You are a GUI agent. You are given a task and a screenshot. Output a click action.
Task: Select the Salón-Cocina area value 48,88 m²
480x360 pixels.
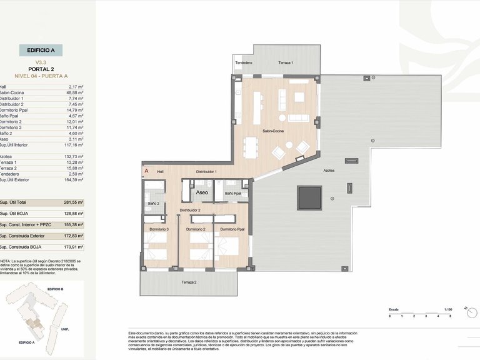click(x=75, y=92)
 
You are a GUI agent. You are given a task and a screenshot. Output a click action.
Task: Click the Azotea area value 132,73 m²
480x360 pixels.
click(x=74, y=156)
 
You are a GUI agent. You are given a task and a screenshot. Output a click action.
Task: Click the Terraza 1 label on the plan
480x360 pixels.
click(x=286, y=63)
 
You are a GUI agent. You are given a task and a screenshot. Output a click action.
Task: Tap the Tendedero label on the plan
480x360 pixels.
click(x=243, y=63)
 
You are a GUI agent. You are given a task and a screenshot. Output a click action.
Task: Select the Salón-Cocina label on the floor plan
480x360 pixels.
click(x=273, y=131)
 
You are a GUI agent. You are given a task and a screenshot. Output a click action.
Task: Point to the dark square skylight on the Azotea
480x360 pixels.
click(x=309, y=198)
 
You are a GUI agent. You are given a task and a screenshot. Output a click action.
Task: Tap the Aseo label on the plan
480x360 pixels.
click(x=202, y=193)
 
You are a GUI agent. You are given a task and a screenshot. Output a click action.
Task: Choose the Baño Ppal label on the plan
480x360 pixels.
click(x=232, y=193)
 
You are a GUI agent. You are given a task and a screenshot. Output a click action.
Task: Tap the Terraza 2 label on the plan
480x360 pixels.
click(x=189, y=283)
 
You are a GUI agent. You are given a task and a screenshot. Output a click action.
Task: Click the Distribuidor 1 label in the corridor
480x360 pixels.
click(x=206, y=171)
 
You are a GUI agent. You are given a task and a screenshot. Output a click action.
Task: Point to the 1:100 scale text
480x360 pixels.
click(x=449, y=309)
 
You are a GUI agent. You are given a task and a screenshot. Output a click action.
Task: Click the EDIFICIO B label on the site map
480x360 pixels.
click(x=55, y=289)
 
